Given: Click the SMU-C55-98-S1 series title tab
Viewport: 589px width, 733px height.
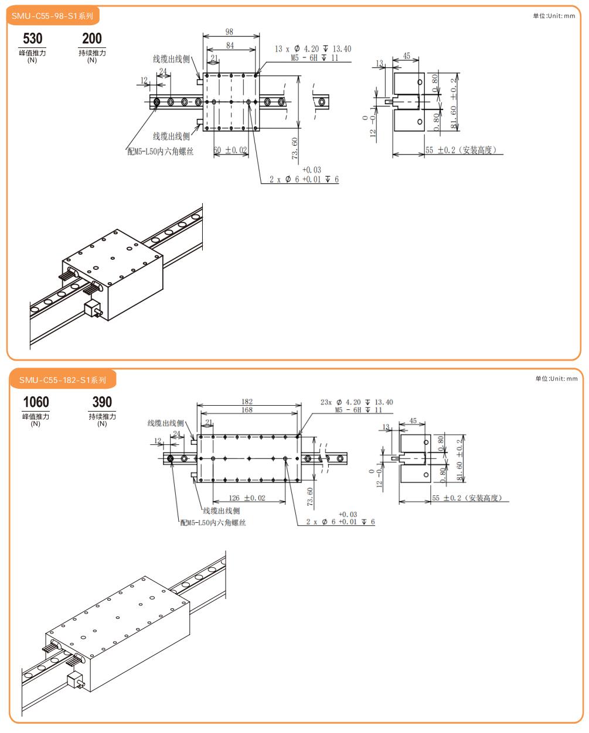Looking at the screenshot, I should [52, 16].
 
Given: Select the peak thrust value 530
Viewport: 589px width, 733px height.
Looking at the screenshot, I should [33, 39].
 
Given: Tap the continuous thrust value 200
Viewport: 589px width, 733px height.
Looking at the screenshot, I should [92, 39].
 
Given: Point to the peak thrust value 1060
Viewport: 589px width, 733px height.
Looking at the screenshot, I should [36, 402].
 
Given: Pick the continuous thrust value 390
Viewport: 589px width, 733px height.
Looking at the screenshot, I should [102, 402].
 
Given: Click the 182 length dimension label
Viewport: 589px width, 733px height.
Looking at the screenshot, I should [247, 402].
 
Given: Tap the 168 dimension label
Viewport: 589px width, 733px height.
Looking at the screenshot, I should [247, 410].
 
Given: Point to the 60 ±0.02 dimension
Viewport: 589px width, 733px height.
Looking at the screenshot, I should [230, 150].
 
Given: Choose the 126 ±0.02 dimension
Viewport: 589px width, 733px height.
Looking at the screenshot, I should [246, 498].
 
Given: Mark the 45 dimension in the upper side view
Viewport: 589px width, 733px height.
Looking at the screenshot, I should [407, 57].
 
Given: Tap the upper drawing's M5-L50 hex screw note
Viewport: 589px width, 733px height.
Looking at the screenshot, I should [161, 151].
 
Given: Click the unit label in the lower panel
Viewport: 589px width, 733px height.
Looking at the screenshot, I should [556, 379].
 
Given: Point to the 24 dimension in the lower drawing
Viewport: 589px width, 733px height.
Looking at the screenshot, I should [176, 434].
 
